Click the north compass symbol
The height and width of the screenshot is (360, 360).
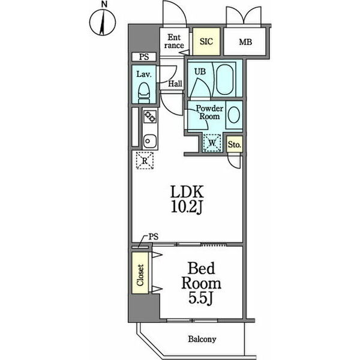(103, 22)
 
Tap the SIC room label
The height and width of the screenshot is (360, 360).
(206, 41)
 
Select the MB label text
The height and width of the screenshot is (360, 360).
(245, 42)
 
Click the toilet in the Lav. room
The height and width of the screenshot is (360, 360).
(144, 93)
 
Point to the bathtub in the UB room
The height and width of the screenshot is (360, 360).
(225, 79)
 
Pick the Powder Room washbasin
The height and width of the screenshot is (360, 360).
(234, 115)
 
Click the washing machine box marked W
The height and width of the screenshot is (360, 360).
(212, 143)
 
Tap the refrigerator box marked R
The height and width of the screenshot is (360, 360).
(145, 160)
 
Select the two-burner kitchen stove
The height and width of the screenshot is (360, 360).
(150, 116)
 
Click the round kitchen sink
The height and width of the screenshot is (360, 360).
(150, 141)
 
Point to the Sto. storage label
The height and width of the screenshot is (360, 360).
(235, 145)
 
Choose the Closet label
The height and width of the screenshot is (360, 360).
(140, 275)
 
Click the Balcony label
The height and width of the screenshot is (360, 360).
(202, 339)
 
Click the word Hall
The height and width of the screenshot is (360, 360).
(175, 83)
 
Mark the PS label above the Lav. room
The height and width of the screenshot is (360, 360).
(144, 57)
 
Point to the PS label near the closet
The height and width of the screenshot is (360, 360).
(154, 237)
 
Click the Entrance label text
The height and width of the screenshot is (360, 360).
(174, 41)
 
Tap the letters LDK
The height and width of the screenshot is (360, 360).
(187, 193)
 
